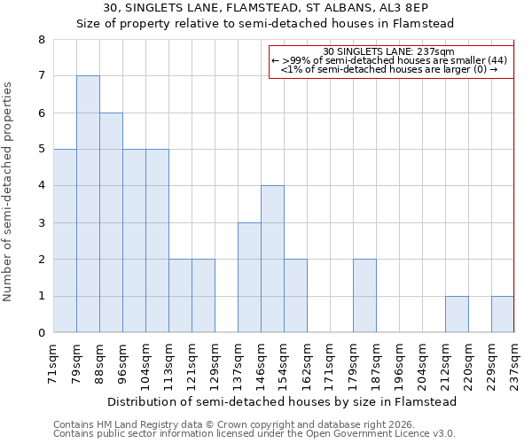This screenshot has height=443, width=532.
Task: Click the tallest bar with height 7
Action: (x=88, y=204)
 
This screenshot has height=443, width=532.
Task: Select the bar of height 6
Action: (x=111, y=222)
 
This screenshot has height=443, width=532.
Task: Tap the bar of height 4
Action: (x=272, y=259)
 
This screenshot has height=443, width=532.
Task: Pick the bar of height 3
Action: (x=249, y=277)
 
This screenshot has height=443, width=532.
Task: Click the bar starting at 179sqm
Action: (x=364, y=296)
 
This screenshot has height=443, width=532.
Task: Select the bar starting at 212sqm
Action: (x=457, y=315)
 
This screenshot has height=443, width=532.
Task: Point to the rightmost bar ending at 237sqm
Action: (x=503, y=315)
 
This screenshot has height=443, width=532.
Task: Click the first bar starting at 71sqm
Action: (x=65, y=241)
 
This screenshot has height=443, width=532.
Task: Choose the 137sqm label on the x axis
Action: (x=238, y=362)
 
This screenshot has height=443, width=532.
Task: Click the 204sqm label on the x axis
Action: (x=422, y=362)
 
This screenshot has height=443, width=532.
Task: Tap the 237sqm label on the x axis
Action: (x=514, y=362)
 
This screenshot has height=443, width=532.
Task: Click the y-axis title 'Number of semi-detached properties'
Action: (x=9, y=191)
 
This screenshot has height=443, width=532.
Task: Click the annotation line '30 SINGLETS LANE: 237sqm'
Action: (x=390, y=51)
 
